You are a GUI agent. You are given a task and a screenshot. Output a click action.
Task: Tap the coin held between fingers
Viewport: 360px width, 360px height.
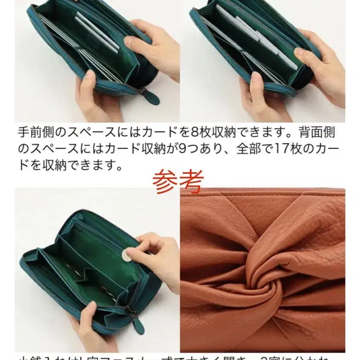pos(127,256)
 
